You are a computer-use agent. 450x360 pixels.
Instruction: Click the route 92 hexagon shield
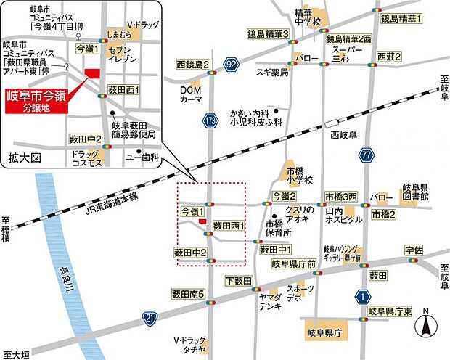[x=231, y=65]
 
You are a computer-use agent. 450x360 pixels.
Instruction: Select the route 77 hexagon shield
[x=367, y=155]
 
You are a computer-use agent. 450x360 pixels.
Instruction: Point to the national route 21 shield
[x=150, y=318]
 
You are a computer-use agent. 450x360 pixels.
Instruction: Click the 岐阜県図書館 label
[x=414, y=191]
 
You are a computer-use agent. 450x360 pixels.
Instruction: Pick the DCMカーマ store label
[x=191, y=94]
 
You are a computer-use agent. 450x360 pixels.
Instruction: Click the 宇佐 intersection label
[x=413, y=250]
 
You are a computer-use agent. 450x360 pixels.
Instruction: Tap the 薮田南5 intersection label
[x=189, y=294]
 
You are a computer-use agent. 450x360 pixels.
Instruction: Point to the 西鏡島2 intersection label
[x=192, y=65]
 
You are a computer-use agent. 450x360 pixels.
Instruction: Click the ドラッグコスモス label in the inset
[x=86, y=158]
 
